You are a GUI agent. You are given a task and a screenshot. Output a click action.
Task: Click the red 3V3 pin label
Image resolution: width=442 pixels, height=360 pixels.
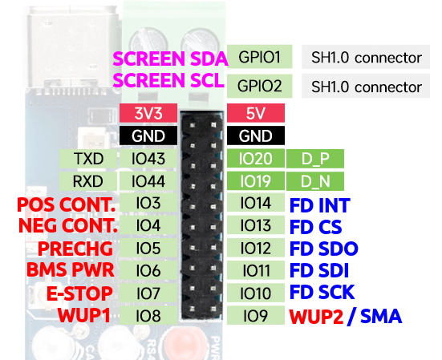point(148,113)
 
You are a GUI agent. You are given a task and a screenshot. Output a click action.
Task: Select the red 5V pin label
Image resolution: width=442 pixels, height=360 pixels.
point(256,113)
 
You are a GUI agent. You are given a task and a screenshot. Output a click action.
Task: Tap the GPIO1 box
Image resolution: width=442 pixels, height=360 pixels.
point(260,57)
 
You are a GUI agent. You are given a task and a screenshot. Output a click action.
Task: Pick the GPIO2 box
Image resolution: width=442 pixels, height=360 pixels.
point(260,86)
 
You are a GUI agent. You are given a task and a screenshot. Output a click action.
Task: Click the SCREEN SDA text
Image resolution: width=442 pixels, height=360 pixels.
point(170,59)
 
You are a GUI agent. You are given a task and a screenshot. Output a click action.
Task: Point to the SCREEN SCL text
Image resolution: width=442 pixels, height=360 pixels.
point(168,80)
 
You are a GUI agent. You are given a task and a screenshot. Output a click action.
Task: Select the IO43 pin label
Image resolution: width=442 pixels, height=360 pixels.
point(148,159)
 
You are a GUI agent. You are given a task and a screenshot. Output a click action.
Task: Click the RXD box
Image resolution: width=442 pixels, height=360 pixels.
point(88,181)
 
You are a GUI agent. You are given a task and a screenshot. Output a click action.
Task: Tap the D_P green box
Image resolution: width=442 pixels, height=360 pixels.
point(315,159)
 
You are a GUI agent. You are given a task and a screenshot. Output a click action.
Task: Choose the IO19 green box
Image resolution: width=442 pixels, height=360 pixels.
point(256,181)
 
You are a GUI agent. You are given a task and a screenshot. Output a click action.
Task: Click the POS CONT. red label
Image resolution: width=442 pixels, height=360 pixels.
point(67,204)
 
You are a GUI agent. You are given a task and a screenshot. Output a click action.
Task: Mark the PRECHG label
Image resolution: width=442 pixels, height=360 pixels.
point(75,249)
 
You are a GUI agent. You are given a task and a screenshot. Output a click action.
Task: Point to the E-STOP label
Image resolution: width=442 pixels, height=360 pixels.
point(79,293)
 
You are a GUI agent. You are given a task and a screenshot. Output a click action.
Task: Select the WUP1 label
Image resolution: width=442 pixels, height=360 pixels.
point(84,315)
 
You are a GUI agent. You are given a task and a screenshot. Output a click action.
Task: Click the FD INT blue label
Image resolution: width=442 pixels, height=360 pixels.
point(320,205)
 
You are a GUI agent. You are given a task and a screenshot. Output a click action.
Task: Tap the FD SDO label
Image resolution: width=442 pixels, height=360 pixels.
point(324,249)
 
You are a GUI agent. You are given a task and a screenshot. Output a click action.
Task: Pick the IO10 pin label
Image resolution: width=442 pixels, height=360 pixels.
point(256,293)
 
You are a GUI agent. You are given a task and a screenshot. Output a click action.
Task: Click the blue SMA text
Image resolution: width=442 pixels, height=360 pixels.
point(381,316)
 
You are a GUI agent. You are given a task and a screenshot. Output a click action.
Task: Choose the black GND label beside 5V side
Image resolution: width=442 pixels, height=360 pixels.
point(256,136)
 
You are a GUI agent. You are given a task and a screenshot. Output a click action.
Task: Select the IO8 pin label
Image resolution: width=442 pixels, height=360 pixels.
point(148,315)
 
